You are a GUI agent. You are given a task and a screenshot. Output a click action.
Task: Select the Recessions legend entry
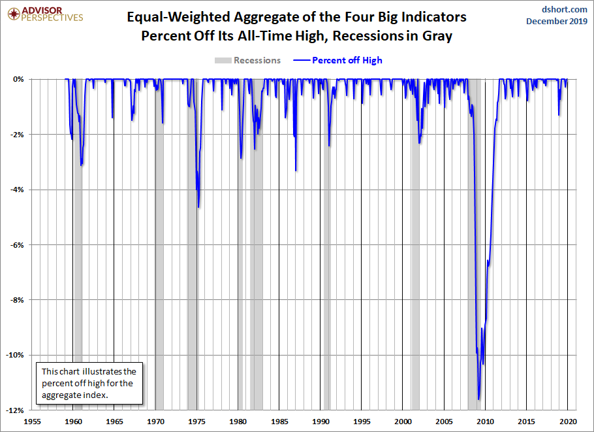[x=248, y=60]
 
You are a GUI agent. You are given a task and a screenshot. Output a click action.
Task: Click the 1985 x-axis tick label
[x=279, y=422]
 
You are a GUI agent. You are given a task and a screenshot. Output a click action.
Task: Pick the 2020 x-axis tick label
[x=567, y=422]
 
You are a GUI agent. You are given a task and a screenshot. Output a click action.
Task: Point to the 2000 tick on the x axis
[x=403, y=422]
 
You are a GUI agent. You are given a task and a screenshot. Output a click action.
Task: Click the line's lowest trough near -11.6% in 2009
[x=478, y=399]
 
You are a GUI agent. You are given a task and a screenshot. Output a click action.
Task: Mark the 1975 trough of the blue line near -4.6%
[x=198, y=207]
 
